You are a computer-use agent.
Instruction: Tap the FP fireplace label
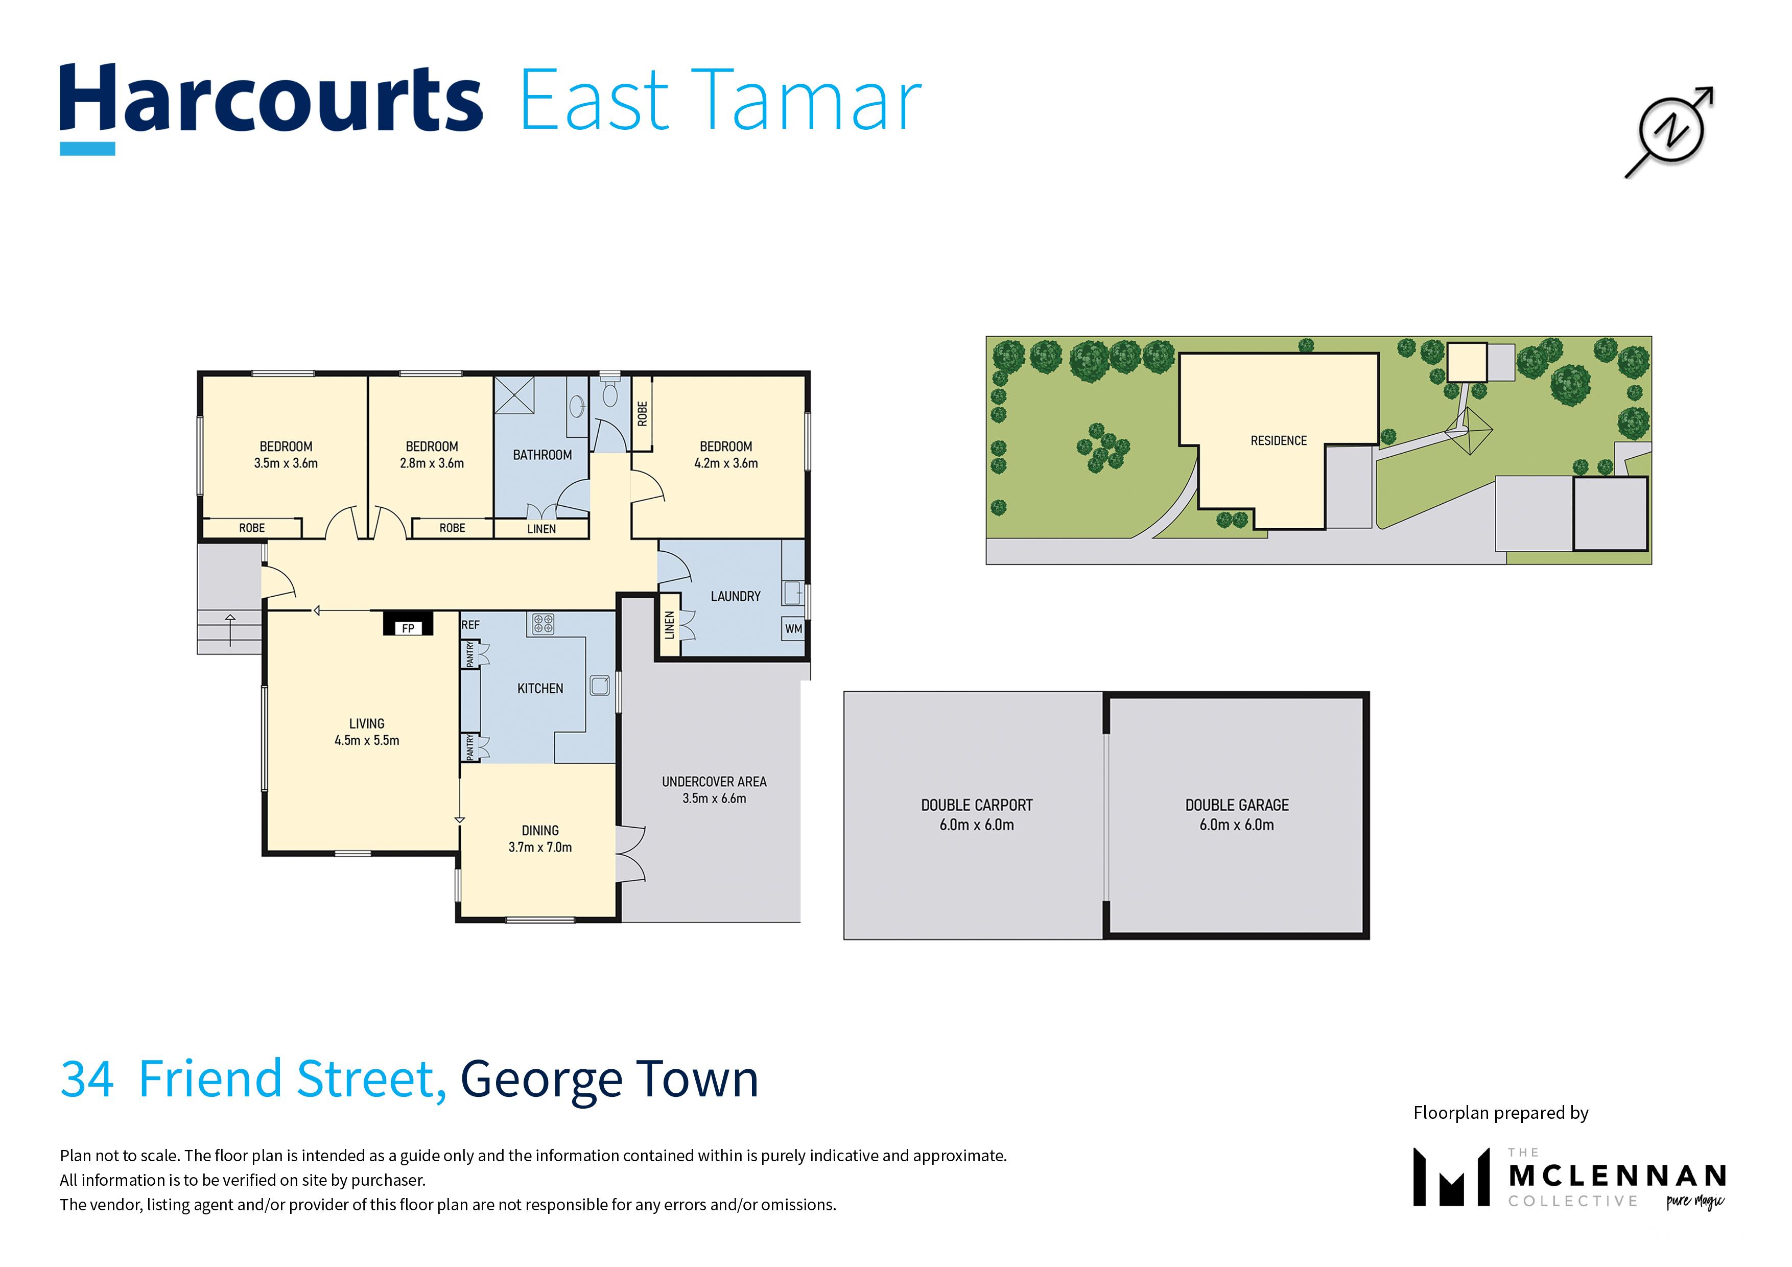[408, 628]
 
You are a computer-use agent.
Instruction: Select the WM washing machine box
[793, 628]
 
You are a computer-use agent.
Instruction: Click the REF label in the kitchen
[470, 624]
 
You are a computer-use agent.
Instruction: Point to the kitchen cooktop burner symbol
[543, 624]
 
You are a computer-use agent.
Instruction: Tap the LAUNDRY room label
[735, 596]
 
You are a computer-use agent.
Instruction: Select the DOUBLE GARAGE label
[1237, 805]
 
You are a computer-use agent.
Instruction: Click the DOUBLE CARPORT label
[976, 805]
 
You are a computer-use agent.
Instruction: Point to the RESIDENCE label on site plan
[1279, 441]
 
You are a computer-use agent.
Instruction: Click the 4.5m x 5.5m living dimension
[367, 740]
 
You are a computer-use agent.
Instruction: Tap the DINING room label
[540, 831]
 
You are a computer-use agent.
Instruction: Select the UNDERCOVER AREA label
[714, 782]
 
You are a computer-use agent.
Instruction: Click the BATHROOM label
[543, 455]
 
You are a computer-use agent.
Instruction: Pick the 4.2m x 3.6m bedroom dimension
[726, 463]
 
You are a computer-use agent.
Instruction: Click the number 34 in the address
[87, 1079]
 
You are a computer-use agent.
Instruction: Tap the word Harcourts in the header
[271, 99]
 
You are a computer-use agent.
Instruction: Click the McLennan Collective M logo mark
[1452, 1177]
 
